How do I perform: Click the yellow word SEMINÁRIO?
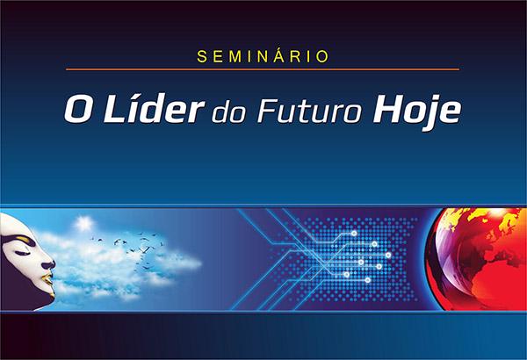click(x=263, y=56)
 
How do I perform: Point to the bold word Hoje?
click(x=416, y=112)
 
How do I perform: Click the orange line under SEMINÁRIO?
click(x=263, y=69)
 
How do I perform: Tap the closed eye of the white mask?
click(x=21, y=253)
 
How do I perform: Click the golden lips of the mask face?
click(x=49, y=280)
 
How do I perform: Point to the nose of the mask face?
click(x=49, y=264)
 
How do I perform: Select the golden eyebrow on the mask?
click(x=21, y=239)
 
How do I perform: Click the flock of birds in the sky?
click(x=131, y=247)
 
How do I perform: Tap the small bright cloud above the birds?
click(x=83, y=223)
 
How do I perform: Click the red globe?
click(x=476, y=259)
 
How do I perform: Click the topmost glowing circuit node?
click(x=354, y=234)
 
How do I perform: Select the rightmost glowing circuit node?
click(x=388, y=256)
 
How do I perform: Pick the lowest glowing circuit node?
click(x=368, y=280)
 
